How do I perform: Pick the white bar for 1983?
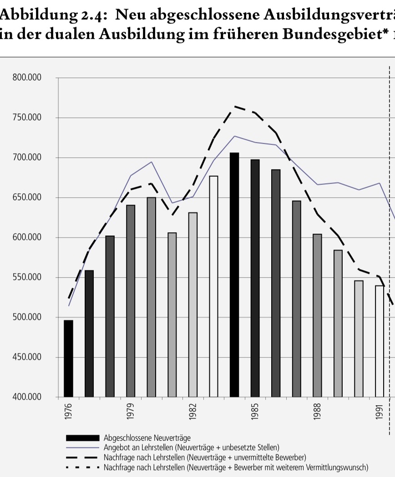213,286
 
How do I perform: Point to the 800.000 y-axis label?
27,78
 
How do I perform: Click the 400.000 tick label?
27,397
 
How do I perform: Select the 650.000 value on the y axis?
27,198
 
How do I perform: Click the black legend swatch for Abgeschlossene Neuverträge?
82,438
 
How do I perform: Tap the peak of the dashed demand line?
235,106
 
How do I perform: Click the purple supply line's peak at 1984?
234,136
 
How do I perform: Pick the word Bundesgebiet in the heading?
319,35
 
